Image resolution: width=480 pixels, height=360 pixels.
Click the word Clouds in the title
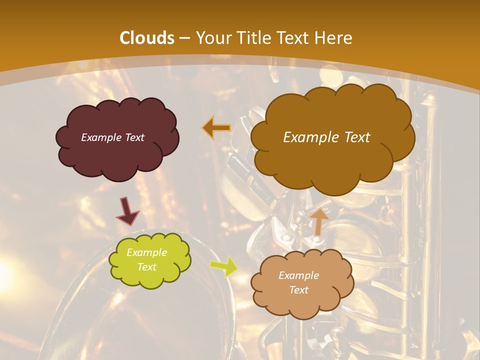click(147, 38)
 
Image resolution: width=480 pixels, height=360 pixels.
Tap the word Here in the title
click(333, 38)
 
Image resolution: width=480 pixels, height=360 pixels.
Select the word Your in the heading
click(213, 38)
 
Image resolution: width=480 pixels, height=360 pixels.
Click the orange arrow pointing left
click(216, 127)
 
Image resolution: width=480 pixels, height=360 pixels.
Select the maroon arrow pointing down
click(127, 211)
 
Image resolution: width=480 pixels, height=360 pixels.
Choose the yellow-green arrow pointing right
click(223, 265)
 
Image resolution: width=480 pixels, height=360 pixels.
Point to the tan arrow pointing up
click(318, 221)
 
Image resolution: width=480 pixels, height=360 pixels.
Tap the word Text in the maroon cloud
click(134, 137)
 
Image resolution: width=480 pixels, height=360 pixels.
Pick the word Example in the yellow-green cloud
click(147, 252)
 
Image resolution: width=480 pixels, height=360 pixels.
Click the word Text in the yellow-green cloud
click(147, 267)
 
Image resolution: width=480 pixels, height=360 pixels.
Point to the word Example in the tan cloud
click(298, 275)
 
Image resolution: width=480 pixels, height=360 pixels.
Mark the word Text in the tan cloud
click(298, 290)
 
